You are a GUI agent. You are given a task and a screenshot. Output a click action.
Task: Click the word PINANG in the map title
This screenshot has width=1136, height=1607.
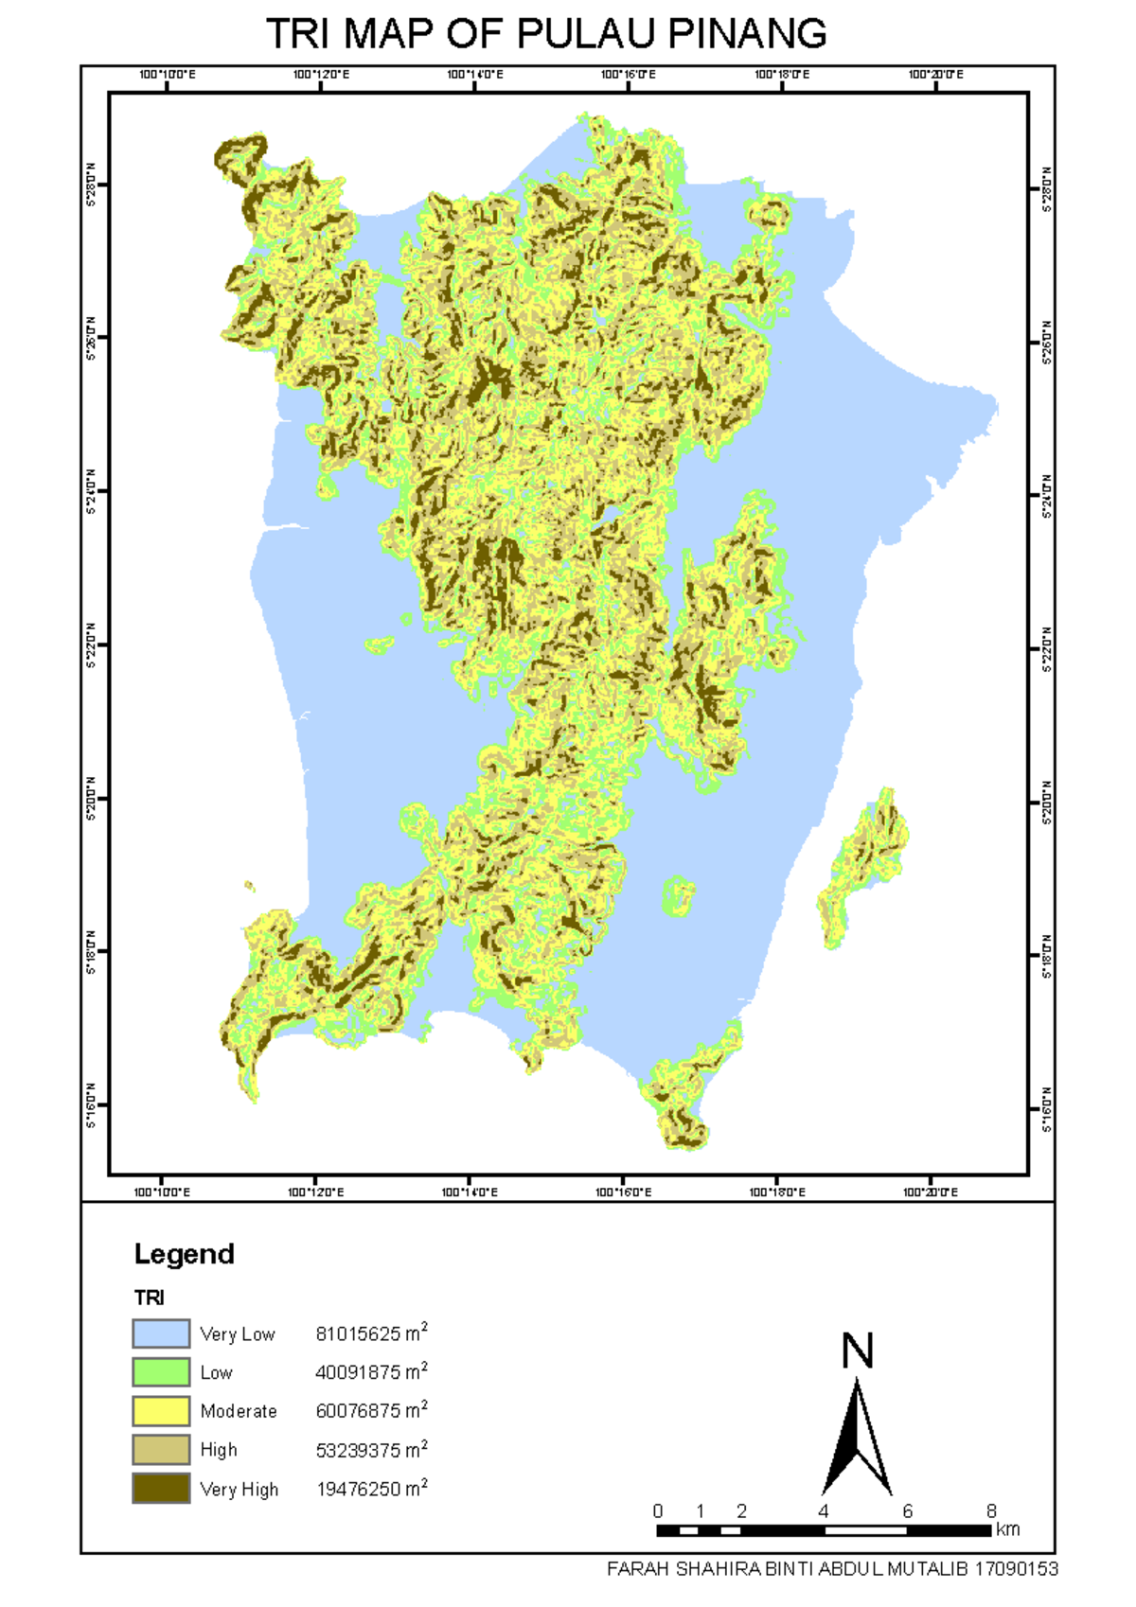click(x=747, y=34)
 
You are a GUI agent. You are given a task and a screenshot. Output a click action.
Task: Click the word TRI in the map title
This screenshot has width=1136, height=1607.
click(x=297, y=34)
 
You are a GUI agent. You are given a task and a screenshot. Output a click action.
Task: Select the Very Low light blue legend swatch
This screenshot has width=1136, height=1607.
click(x=161, y=1333)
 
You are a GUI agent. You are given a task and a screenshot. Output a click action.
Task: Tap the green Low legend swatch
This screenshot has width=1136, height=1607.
click(x=161, y=1372)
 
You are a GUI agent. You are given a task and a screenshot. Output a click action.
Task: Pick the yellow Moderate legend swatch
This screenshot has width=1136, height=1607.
click(x=161, y=1411)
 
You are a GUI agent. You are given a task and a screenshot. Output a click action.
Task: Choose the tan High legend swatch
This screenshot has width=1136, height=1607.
click(x=161, y=1450)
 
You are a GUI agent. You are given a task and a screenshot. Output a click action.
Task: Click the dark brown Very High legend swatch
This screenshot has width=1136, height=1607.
click(x=161, y=1489)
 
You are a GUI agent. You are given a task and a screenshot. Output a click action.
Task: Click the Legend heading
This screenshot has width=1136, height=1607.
click(x=184, y=1254)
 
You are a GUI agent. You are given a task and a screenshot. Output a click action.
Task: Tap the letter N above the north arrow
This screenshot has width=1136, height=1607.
click(x=857, y=1351)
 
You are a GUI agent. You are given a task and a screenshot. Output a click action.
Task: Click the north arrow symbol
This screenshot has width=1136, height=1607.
click(x=857, y=1439)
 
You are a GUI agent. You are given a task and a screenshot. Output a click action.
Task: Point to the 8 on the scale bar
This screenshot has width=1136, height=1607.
click(x=991, y=1510)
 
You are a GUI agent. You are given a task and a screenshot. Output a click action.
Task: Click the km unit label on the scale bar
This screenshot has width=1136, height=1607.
click(x=1008, y=1529)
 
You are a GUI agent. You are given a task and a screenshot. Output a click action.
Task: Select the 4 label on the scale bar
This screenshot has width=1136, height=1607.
click(x=824, y=1510)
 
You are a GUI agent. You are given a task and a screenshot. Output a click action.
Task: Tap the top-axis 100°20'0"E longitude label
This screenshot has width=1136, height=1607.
click(x=935, y=75)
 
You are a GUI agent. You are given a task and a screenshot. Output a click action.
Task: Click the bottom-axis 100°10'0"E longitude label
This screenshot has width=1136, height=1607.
click(x=162, y=1192)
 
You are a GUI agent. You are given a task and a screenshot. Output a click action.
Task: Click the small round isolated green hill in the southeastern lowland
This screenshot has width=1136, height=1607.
click(x=678, y=894)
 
